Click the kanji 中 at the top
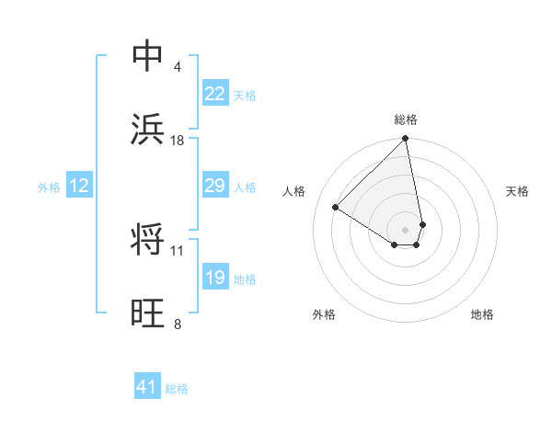pyautogui.click(x=148, y=56)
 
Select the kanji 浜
pyautogui.click(x=148, y=130)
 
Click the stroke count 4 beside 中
pyautogui.click(x=178, y=66)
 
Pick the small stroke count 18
pyautogui.click(x=178, y=140)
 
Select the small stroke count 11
pyautogui.click(x=178, y=250)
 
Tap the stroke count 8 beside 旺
pyautogui.click(x=178, y=324)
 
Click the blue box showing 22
pyautogui.click(x=214, y=94)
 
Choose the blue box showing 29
pyautogui.click(x=214, y=186)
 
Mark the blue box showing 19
pyautogui.click(x=214, y=278)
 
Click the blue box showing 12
pyautogui.click(x=78, y=186)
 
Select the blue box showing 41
pyautogui.click(x=147, y=388)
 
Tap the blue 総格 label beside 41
pyautogui.click(x=177, y=389)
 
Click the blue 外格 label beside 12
pyautogui.click(x=49, y=187)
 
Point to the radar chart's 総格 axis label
pyautogui.click(x=406, y=119)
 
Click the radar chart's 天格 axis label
pyautogui.click(x=518, y=191)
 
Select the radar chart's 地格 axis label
pyautogui.click(x=482, y=314)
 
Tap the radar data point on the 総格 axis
pyautogui.click(x=406, y=140)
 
